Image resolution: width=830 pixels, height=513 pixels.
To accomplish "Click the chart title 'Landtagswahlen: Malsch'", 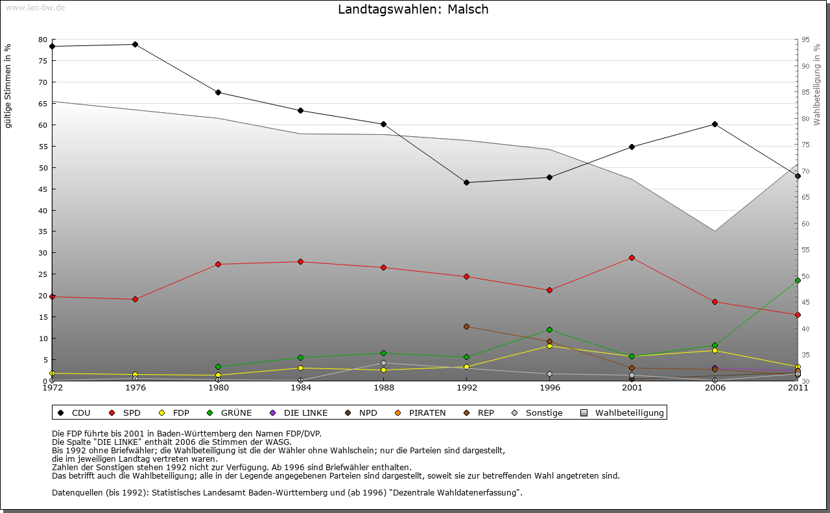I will click(x=413, y=10).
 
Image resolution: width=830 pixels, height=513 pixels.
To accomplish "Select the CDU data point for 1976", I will click(x=135, y=45).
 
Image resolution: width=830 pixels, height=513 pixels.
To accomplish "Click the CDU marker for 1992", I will click(x=467, y=182).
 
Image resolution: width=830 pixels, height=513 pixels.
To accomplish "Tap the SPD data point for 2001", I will click(x=632, y=258).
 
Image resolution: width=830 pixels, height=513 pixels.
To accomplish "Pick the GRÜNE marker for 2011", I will click(x=798, y=281).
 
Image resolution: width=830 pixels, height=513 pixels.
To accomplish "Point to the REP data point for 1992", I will click(x=467, y=326).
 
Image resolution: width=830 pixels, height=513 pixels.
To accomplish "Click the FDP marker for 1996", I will click(x=549, y=346).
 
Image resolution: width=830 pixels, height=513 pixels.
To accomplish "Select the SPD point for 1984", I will click(x=300, y=261).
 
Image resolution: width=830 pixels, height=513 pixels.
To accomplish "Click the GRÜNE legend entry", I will click(x=230, y=412).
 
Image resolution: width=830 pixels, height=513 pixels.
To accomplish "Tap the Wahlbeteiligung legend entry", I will click(x=622, y=412).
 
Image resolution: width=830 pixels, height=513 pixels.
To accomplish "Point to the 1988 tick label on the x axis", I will click(x=384, y=388).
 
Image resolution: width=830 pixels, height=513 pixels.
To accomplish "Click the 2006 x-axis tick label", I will click(x=715, y=388).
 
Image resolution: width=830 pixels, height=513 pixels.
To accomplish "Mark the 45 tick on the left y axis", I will click(x=43, y=189).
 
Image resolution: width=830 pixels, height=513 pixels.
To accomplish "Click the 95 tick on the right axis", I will click(x=805, y=40).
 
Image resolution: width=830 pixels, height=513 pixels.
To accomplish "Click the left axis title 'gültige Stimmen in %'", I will click(x=8, y=86).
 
